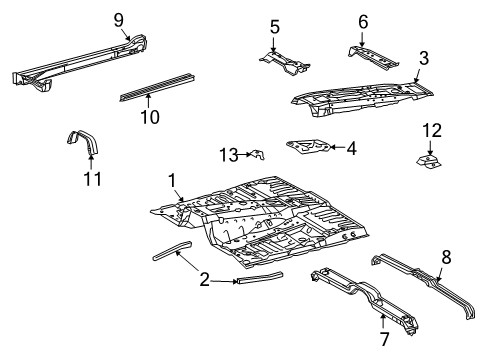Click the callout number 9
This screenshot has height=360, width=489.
(x=119, y=19)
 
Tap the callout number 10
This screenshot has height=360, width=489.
(x=149, y=116)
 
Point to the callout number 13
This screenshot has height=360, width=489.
(x=228, y=153)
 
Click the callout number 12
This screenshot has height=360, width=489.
(x=431, y=129)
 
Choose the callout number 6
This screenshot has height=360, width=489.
(x=362, y=21)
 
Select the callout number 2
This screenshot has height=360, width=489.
(x=204, y=280)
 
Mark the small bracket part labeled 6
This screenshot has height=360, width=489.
(x=373, y=52)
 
